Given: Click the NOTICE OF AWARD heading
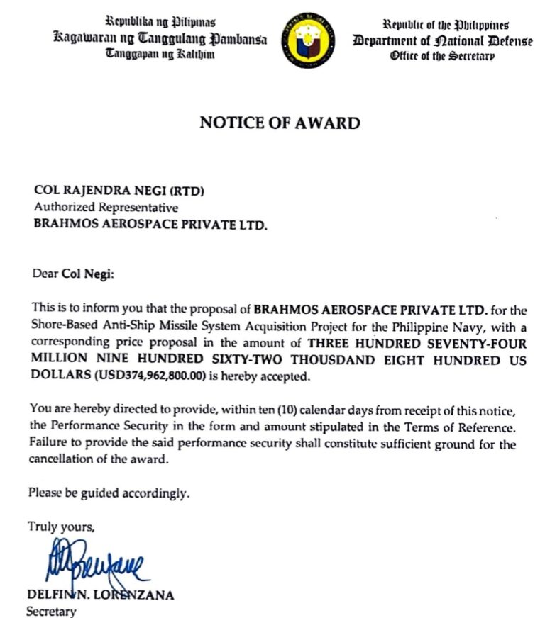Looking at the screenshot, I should tap(280, 123).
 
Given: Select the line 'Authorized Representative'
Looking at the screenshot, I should tap(106, 208).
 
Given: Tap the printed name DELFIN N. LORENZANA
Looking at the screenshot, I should tap(100, 595).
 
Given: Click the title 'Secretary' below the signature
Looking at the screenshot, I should tap(51, 610).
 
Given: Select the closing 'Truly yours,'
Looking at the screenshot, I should tap(60, 527).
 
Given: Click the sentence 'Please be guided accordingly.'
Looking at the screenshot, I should tap(109, 493).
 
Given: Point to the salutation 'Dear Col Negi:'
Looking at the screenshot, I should tap(72, 272).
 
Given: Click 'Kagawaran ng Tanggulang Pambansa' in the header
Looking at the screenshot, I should tap(160, 39).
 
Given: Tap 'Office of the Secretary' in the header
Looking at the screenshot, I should tap(441, 56).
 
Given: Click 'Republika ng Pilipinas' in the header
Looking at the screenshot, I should tap(160, 23).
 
